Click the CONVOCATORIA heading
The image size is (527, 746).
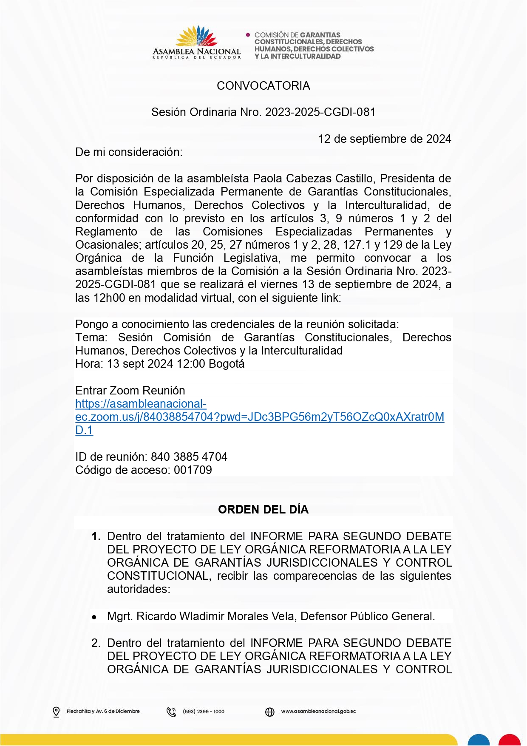(263, 86)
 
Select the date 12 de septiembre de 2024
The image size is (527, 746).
(385, 139)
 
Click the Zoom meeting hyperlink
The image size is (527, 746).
(259, 417)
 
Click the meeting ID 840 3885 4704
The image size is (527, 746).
(189, 457)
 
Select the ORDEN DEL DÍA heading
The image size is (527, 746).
(263, 510)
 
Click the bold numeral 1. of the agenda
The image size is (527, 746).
(96, 536)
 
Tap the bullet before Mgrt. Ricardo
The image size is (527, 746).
(94, 617)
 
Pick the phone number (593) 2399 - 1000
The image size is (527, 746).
(204, 712)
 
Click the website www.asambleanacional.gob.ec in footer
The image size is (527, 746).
(318, 712)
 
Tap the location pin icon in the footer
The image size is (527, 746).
(56, 712)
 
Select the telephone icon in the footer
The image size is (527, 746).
(171, 712)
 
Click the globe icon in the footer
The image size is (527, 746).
(270, 712)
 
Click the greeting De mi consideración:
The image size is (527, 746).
(129, 152)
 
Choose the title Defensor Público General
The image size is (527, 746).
(368, 616)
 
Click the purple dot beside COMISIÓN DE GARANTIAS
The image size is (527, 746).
(248, 35)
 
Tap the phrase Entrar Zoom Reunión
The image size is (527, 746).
(130, 391)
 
